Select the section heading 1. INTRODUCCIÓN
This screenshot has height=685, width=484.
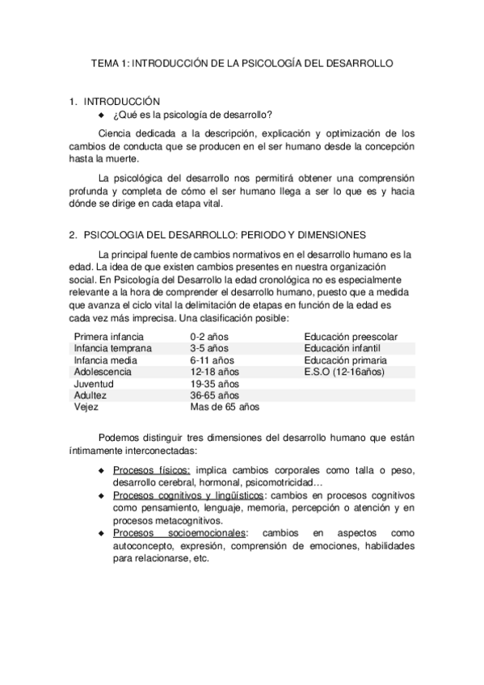(x=116, y=102)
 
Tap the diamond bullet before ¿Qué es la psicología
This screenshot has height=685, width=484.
(x=102, y=115)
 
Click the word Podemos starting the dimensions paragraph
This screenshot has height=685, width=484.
(x=118, y=437)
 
